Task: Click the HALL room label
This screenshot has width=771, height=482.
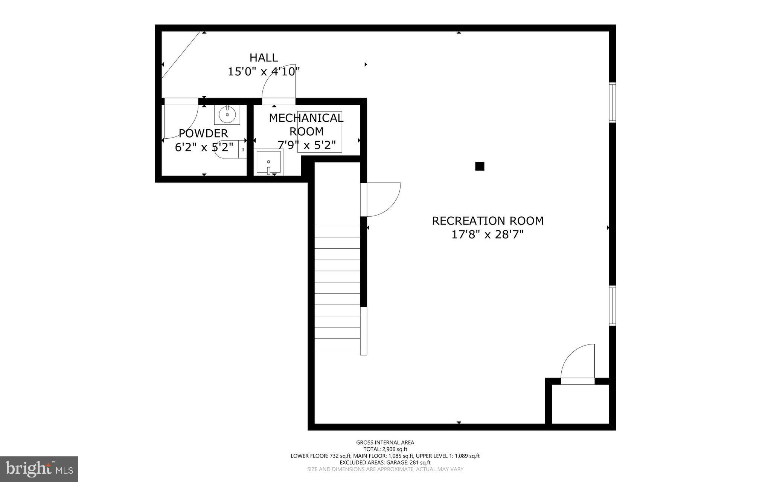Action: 264,58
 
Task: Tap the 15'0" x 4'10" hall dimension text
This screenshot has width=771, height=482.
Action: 264,72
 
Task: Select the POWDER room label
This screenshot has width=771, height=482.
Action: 203,133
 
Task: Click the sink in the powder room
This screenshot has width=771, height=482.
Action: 227,115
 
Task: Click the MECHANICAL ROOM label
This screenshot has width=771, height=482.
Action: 306,125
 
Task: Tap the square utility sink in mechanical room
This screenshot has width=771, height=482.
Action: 268,162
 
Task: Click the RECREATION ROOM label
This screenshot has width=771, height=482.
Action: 488,221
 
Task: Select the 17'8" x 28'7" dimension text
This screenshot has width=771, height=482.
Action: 488,235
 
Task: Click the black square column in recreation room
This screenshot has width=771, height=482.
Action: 479,166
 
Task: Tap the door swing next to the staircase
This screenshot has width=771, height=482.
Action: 382,200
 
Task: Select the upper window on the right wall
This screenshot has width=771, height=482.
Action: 613,103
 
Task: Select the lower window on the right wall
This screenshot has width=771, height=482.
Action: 613,306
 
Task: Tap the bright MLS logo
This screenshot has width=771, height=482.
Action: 39,469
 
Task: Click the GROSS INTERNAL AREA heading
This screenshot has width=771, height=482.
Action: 385,443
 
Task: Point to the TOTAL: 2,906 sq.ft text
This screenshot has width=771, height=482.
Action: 385,449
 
